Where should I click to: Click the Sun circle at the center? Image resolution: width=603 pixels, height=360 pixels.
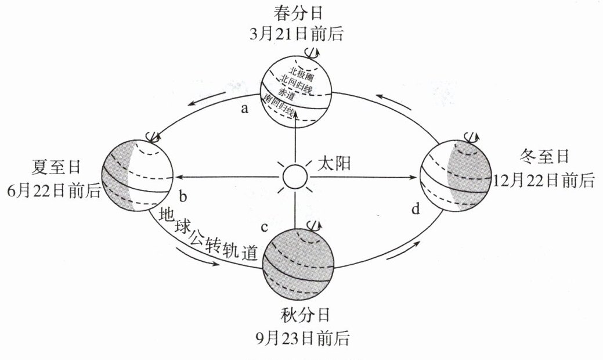[x=294, y=175]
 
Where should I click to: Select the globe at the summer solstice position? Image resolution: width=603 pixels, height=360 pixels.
[x=138, y=175]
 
